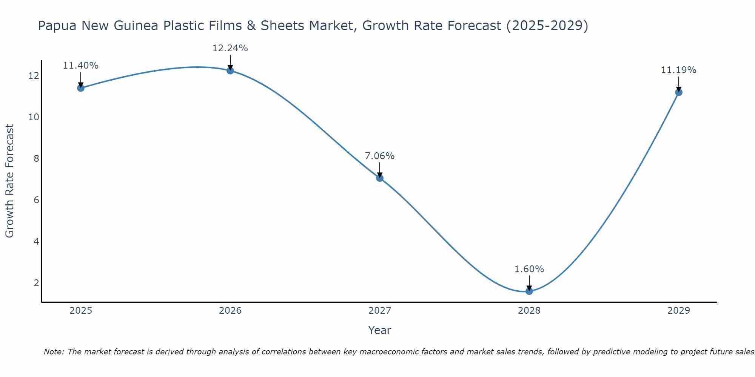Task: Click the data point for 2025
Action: pos(80,88)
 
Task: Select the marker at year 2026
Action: pos(230,70)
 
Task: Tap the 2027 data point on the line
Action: pos(380,178)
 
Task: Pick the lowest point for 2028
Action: pos(529,291)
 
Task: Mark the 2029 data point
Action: pos(679,92)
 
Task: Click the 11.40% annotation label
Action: pos(80,66)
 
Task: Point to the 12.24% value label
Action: pos(230,48)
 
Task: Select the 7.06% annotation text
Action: pos(380,156)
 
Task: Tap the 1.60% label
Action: pos(529,269)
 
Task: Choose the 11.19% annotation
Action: pos(679,70)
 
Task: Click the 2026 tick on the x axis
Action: pos(230,311)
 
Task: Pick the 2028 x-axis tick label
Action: pos(529,311)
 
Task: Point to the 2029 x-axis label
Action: pos(679,311)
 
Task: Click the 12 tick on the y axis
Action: pos(34,76)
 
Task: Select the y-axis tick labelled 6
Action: pos(36,200)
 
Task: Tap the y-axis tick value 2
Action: pos(36,283)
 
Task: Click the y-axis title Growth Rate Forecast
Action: pos(9,181)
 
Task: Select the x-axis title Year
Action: pos(380,330)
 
